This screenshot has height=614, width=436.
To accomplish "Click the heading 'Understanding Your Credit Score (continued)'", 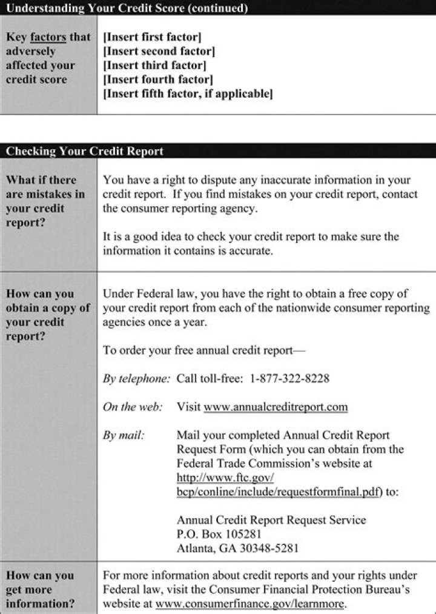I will point(127,8).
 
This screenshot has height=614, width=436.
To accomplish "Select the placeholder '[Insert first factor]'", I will point(152,37).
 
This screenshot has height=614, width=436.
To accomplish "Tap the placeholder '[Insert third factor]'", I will point(154,65).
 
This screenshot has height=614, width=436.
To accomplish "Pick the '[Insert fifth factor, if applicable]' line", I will point(188,94).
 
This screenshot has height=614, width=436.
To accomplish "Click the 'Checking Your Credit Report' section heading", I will point(85,152).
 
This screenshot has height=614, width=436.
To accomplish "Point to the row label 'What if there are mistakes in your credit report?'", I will point(45,201).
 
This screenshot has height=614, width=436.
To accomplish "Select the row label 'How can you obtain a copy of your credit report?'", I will point(47,315).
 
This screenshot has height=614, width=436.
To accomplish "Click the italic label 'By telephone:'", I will point(136,378).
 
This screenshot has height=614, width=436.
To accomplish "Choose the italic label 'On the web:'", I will point(133,407).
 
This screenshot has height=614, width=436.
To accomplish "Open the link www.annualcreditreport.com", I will point(276,407).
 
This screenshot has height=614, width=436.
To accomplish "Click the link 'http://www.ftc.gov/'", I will point(225,478).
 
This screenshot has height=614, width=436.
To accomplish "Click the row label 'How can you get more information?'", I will point(41,590).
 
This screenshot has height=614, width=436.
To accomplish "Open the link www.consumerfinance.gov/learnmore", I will point(250,604).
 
